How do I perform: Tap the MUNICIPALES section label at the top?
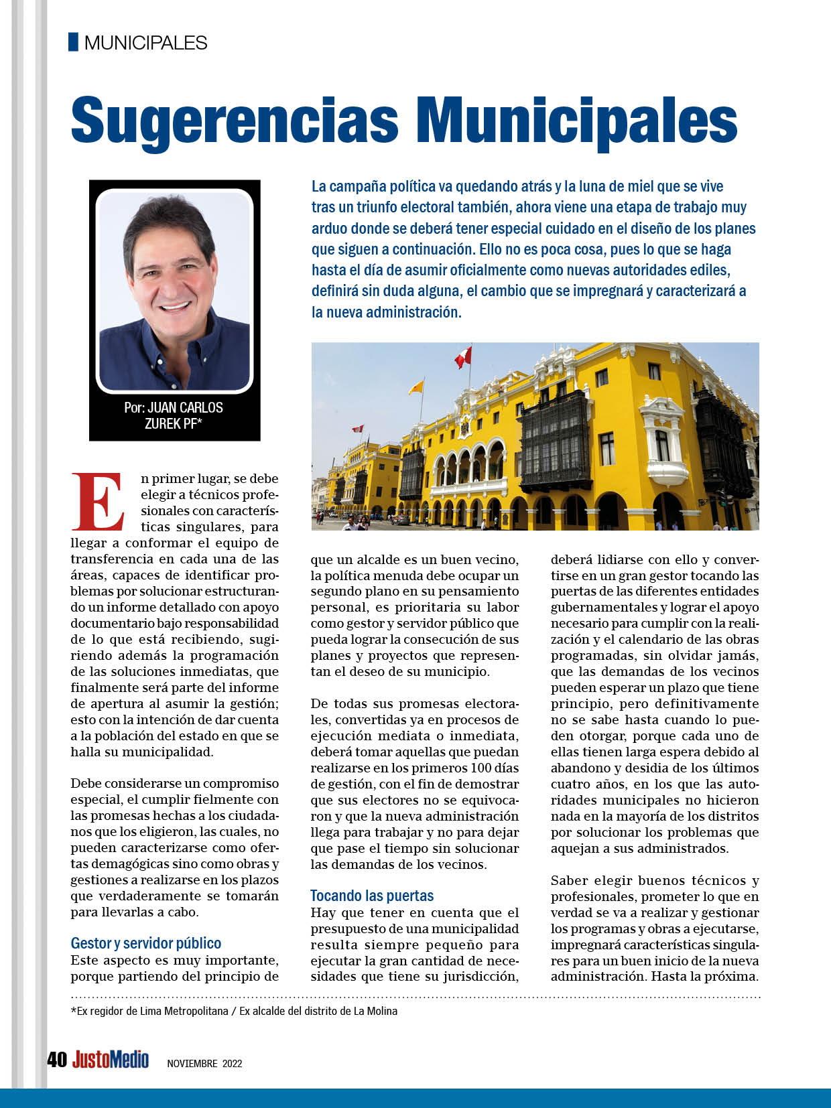point(146,43)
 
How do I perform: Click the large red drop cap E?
point(100,500)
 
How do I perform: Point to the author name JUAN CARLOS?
point(185,407)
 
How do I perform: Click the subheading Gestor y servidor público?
point(146,943)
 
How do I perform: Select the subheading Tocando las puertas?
point(372,895)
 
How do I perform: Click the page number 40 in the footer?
point(56,1060)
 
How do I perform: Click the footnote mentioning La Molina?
point(234,1011)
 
